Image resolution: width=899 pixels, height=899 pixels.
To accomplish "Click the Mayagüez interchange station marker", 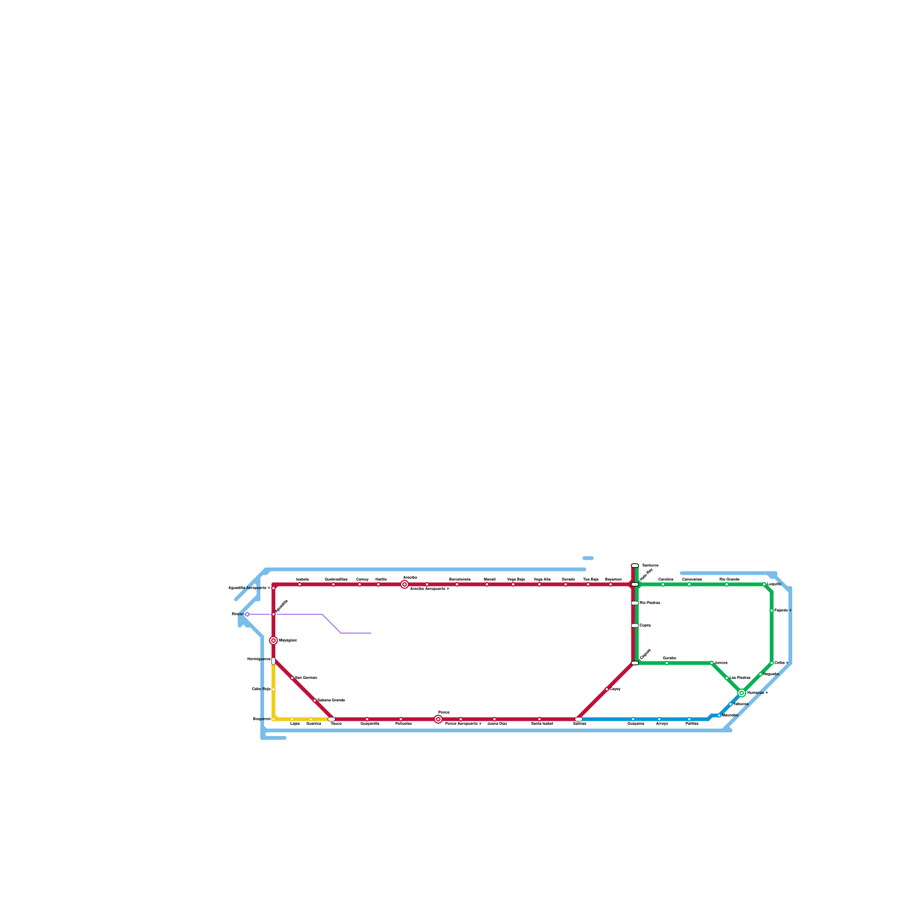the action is point(274,641).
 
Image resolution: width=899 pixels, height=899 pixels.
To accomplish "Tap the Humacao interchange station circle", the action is point(742,693).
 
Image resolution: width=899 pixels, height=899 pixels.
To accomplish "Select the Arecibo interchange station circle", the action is point(405,584).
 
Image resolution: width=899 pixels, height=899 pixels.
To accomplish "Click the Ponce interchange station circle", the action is point(438,719).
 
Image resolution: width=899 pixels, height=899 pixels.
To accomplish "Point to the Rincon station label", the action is point(238,614).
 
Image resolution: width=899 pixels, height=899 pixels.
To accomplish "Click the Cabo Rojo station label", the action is point(261,689).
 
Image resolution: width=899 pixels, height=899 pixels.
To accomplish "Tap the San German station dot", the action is point(292,678).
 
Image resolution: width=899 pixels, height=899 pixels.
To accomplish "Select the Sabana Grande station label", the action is point(331,700).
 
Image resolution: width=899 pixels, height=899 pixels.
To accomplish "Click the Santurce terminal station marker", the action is point(635,565).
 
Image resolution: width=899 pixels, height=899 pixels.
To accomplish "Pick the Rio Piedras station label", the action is point(650,603).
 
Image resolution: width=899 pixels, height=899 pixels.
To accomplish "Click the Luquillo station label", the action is point(774,584).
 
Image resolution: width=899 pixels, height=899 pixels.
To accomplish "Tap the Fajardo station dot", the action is point(771,610).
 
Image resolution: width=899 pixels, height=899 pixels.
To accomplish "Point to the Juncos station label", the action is point(721,663).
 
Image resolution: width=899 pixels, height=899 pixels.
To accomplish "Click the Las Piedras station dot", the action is point(727,678).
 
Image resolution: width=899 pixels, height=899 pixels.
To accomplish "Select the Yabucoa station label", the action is point(741,704).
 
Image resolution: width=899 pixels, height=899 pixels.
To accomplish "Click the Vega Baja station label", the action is point(516,579).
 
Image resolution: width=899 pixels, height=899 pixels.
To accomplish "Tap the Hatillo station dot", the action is point(378,584).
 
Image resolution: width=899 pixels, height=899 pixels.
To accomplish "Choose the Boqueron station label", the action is point(262,719).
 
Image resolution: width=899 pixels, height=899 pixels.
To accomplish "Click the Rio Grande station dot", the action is point(727,584).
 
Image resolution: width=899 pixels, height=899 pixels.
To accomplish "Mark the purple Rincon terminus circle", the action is point(247,614).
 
